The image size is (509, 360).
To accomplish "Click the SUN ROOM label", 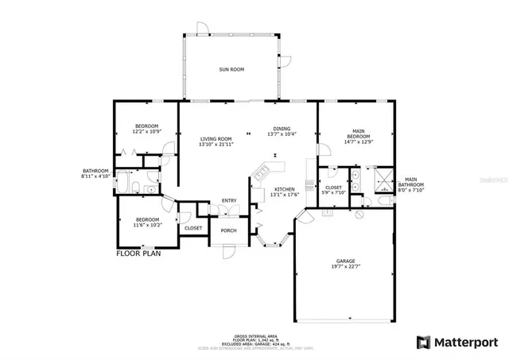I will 231,70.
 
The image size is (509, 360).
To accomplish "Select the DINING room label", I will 282,129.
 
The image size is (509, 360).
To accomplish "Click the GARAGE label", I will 345,261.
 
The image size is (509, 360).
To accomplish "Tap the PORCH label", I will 229,230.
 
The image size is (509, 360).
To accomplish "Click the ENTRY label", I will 229,199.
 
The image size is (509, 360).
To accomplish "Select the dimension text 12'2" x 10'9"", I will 146,131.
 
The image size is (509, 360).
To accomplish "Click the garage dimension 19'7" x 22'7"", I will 345,267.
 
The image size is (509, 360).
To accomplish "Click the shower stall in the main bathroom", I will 385,179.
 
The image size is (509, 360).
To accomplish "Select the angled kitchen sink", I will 263,170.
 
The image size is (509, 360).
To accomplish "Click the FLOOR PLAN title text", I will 140,254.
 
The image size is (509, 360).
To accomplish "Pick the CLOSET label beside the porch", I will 193,228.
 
